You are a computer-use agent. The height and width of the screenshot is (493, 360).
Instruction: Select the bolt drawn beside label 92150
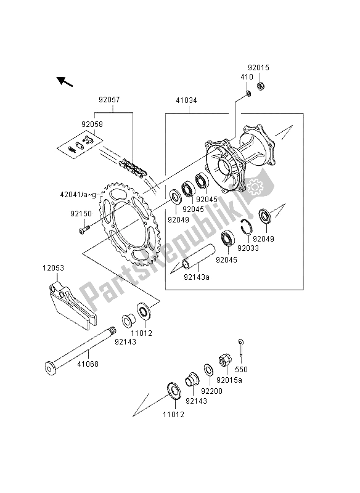(84, 231)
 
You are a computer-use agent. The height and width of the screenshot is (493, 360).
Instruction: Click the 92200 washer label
(205, 390)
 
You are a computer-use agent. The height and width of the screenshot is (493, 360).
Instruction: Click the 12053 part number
(53, 269)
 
